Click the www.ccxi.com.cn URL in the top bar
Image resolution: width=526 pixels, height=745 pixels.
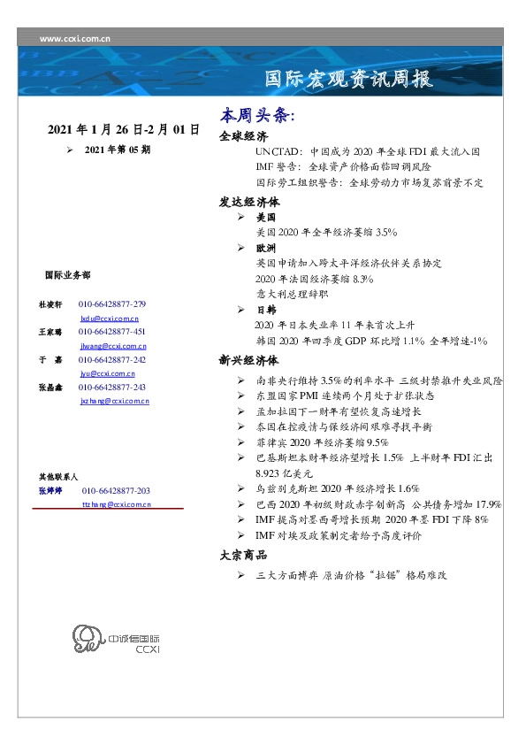(x=75, y=39)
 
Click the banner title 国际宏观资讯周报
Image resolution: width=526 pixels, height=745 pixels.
(x=349, y=80)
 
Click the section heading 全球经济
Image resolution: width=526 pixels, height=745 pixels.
(x=243, y=137)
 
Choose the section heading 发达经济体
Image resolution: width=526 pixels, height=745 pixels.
(x=248, y=201)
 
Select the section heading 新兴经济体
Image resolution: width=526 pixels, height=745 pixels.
(x=248, y=360)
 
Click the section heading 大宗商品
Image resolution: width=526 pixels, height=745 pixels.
(x=243, y=555)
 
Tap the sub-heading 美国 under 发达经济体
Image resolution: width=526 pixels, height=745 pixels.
(x=265, y=217)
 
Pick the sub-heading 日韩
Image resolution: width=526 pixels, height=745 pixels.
(x=265, y=311)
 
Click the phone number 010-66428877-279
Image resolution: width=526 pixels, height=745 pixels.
(x=112, y=303)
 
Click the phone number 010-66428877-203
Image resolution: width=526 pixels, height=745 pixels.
(x=116, y=490)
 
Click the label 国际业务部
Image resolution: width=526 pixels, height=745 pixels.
(x=66, y=275)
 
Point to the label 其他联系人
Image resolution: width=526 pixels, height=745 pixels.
(x=58, y=476)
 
